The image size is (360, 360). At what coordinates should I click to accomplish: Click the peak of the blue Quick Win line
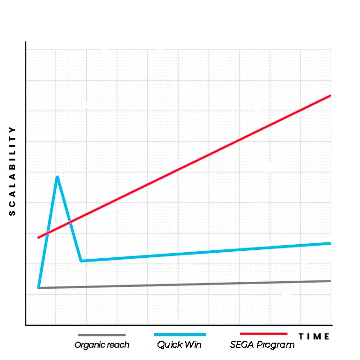(57, 177)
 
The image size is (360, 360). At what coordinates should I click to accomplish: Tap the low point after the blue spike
(81, 261)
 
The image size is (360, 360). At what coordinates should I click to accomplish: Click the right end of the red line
(330, 96)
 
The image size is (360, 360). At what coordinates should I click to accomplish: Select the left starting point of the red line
(38, 238)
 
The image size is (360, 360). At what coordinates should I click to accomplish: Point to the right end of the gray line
(330, 281)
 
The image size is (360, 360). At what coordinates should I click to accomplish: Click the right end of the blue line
(330, 243)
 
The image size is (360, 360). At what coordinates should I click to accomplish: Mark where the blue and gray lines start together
(38, 287)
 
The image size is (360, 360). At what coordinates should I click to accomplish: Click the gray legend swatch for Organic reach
(102, 335)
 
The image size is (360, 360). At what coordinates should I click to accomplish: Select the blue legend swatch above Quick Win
(180, 335)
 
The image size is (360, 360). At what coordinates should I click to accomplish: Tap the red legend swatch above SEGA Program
(263, 334)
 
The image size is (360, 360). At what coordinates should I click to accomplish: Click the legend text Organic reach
(102, 345)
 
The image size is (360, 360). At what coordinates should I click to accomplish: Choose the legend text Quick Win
(179, 345)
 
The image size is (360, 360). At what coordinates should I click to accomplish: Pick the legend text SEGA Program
(262, 345)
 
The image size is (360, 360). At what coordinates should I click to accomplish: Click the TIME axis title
(314, 337)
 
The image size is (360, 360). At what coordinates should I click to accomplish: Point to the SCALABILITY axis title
(13, 171)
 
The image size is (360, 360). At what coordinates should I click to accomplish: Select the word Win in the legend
(193, 345)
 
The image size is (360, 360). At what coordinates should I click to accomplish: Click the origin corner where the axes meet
(26, 324)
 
